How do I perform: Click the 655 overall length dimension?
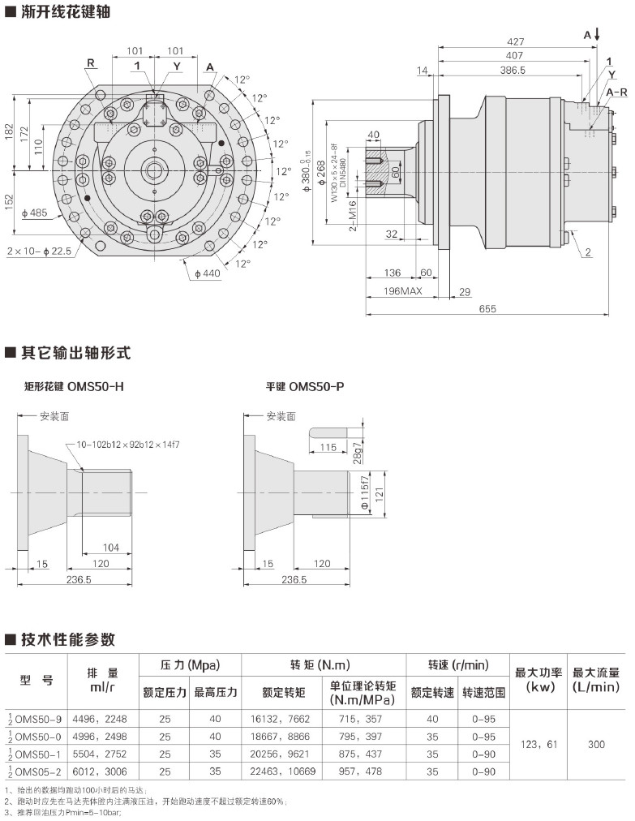[x=487, y=309]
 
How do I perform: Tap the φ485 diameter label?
[x=35, y=213]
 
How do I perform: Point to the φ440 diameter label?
[x=208, y=273]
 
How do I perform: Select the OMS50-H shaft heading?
[x=75, y=387]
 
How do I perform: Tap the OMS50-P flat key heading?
[x=305, y=387]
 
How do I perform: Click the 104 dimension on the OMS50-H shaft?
[x=110, y=548]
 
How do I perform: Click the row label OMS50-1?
[x=37, y=754]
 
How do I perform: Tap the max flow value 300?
[x=596, y=745]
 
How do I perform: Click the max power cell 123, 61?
[x=538, y=745]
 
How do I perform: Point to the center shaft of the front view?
[x=152, y=170]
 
